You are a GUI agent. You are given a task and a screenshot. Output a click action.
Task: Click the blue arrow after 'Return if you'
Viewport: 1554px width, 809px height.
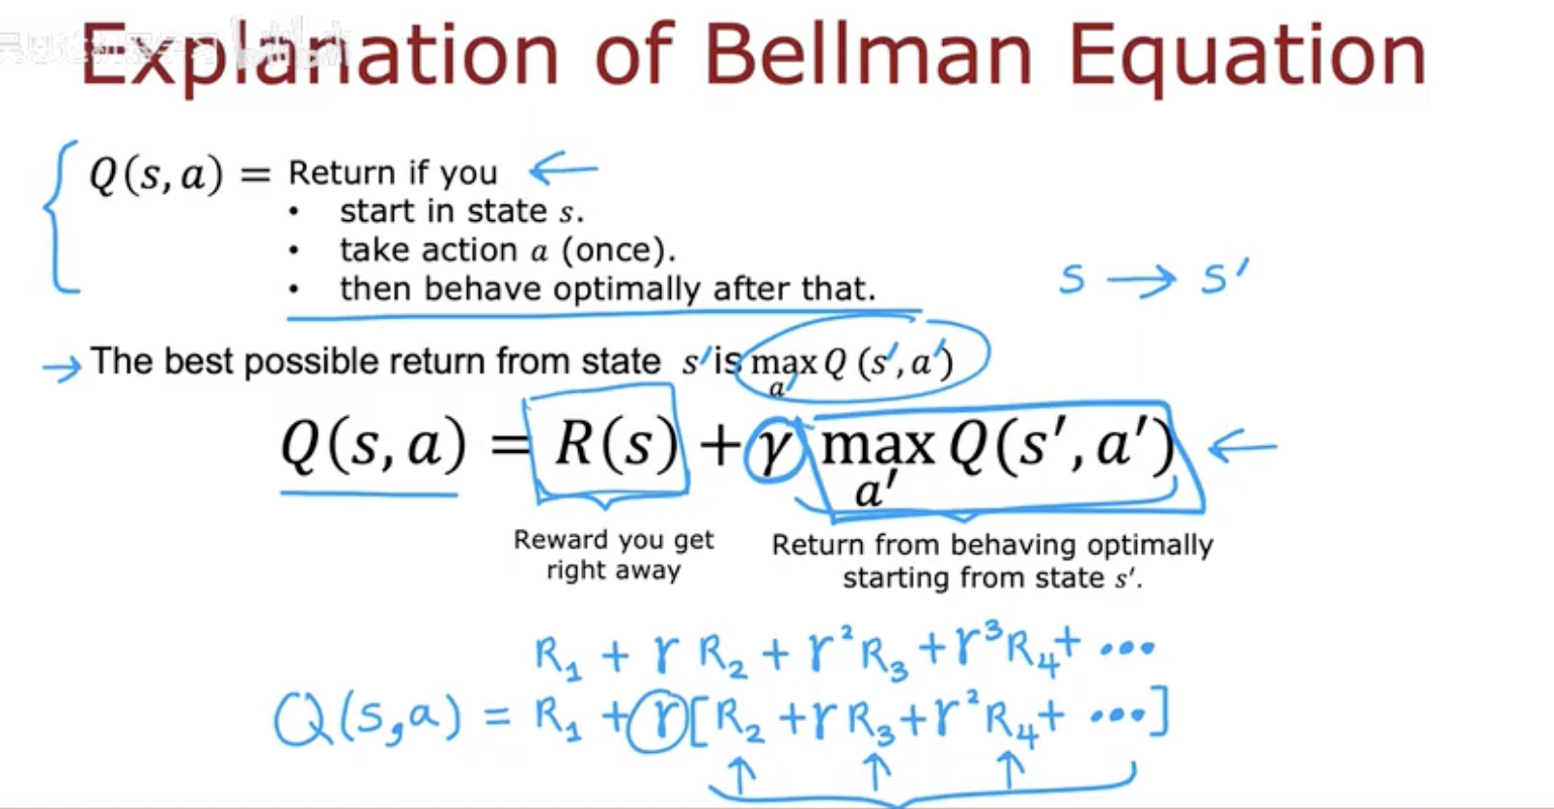(563, 168)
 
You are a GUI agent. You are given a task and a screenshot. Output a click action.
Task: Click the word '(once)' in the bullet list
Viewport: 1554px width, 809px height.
(618, 250)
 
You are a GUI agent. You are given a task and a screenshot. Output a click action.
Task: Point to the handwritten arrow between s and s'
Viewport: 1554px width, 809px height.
(1141, 280)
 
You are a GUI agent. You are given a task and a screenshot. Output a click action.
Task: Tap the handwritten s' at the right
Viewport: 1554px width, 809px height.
(1225, 276)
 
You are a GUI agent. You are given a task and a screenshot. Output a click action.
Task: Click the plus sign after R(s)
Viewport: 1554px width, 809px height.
(720, 445)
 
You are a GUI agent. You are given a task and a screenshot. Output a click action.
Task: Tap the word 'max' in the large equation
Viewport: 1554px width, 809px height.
(876, 446)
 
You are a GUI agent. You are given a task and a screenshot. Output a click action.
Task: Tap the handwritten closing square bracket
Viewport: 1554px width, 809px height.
(1158, 711)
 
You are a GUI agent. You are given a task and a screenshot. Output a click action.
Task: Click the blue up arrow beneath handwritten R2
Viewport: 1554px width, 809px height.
(740, 773)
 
